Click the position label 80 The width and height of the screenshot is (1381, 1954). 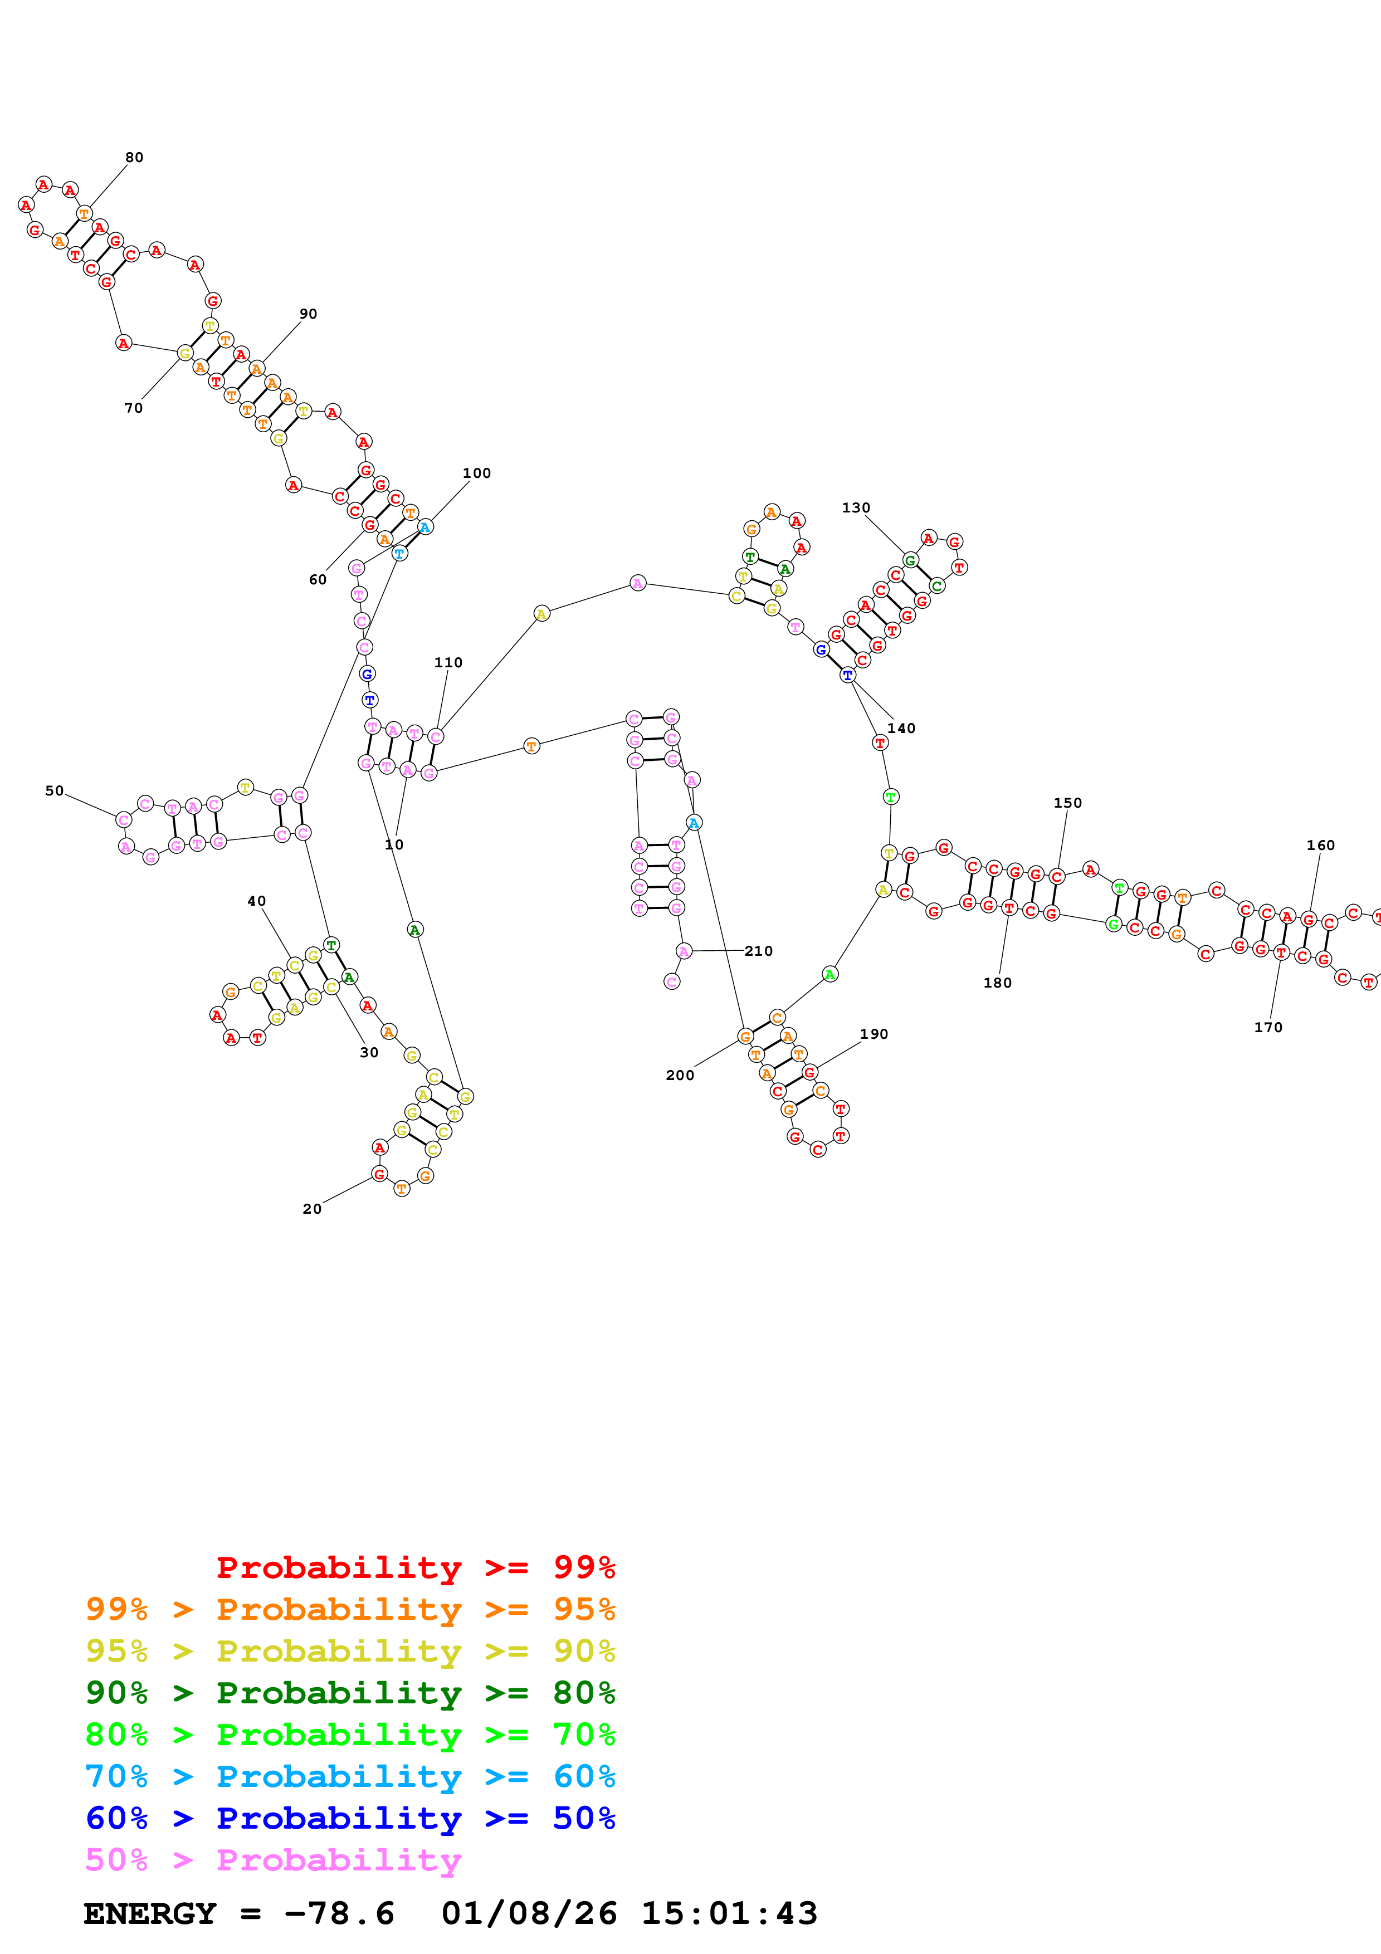tap(134, 158)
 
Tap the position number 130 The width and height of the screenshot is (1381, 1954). tap(856, 508)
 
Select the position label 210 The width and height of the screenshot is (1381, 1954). tap(758, 951)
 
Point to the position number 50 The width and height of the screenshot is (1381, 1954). tap(55, 790)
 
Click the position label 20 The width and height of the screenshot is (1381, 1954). tap(313, 1209)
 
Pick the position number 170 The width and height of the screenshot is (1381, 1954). tap(1268, 1027)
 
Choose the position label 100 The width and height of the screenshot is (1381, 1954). tap(476, 473)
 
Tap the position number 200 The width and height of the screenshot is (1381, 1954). tap(680, 1075)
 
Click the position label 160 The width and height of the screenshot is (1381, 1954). tap(1321, 845)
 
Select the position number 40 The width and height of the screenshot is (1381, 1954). tap(256, 901)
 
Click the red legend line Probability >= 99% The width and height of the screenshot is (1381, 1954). tap(415, 1567)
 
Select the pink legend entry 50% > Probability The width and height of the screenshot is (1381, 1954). tap(273, 1860)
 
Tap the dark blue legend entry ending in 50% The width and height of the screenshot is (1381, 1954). tap(350, 1819)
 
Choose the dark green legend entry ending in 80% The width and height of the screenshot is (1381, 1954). tap(350, 1693)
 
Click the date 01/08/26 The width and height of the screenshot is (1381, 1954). tap(529, 1914)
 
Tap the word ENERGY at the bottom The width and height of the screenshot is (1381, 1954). tap(150, 1914)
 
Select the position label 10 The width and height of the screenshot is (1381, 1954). tap(394, 845)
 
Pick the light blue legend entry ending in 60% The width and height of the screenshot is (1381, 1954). tap(350, 1777)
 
